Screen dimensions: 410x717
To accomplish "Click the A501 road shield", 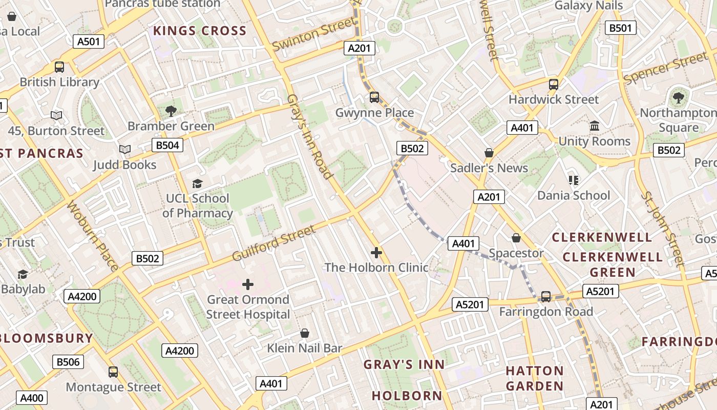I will (89, 42).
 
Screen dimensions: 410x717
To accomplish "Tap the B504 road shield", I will (167, 145).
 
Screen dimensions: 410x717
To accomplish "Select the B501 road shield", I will (620, 28).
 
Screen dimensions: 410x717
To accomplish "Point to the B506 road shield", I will (68, 362).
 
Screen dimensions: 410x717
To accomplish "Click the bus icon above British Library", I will (59, 67).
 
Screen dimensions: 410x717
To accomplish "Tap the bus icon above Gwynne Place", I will (374, 97).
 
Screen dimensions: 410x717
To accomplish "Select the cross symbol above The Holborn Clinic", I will (376, 252).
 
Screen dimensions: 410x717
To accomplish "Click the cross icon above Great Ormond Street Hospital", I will (248, 284).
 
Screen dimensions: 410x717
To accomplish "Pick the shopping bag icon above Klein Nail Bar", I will (305, 333).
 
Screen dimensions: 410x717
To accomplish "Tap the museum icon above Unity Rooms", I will (595, 126).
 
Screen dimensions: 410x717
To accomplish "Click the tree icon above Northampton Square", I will (679, 97).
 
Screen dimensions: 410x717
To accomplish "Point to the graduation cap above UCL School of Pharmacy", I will (197, 183).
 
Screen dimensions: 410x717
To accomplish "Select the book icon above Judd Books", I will (124, 150).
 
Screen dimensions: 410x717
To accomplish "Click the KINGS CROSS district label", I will (200, 31).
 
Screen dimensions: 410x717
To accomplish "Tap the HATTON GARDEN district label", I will (535, 378).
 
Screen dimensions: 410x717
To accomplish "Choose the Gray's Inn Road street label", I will (310, 136).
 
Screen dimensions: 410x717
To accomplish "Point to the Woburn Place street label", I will (93, 236).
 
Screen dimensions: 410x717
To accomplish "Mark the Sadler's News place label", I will (489, 168).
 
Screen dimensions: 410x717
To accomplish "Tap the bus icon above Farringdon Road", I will (546, 296).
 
